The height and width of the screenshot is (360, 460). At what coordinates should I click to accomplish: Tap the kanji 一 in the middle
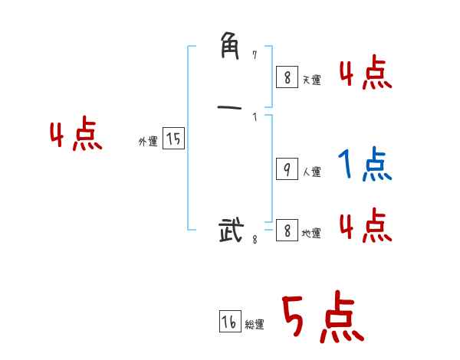click(x=231, y=106)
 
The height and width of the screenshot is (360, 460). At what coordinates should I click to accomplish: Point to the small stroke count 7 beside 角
click(x=255, y=54)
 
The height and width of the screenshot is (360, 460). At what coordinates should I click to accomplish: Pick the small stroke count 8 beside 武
click(x=255, y=240)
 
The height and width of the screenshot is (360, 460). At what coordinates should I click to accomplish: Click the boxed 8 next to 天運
click(x=286, y=77)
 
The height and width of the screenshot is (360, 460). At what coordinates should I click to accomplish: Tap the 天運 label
click(x=310, y=80)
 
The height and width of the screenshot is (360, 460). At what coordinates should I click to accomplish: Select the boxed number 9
click(x=286, y=169)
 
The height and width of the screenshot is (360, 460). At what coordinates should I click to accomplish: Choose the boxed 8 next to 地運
click(x=286, y=230)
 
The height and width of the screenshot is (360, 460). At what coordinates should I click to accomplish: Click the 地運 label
click(x=311, y=233)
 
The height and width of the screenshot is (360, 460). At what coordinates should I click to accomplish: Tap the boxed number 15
click(x=173, y=139)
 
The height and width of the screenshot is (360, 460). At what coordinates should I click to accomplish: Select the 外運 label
click(x=148, y=142)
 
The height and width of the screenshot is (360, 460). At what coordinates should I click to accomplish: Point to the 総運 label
click(x=255, y=325)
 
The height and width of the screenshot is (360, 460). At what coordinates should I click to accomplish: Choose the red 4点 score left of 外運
click(x=76, y=136)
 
